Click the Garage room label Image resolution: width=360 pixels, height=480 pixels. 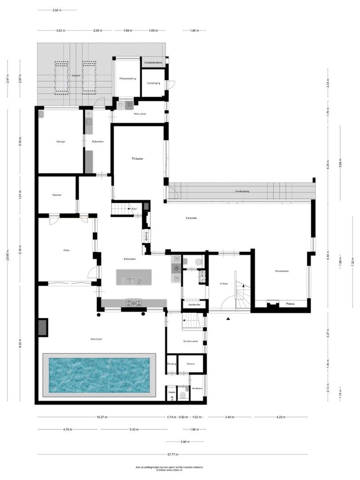tap(61, 141)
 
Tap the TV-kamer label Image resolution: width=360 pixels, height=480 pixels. tap(137, 159)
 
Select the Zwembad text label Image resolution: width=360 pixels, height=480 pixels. tap(96, 339)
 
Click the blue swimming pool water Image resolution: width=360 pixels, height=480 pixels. tap(99, 375)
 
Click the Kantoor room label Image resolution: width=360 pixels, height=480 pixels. tap(57, 195)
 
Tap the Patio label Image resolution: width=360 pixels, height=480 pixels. tap(66, 250)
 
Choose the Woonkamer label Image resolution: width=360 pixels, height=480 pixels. tap(282, 271)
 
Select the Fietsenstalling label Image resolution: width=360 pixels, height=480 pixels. tap(128, 79)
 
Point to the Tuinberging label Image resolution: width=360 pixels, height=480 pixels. tap(153, 83)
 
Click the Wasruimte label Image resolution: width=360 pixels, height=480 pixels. tap(140, 114)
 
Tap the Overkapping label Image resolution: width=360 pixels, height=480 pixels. tap(242, 191)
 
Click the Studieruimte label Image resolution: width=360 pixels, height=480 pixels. tap(191, 341)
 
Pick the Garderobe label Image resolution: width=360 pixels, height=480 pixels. tap(194, 305)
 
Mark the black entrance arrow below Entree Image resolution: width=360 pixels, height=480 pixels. tap(228, 319)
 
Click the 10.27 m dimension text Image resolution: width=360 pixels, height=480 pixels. tap(102, 417)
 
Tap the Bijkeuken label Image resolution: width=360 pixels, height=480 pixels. tap(98, 142)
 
